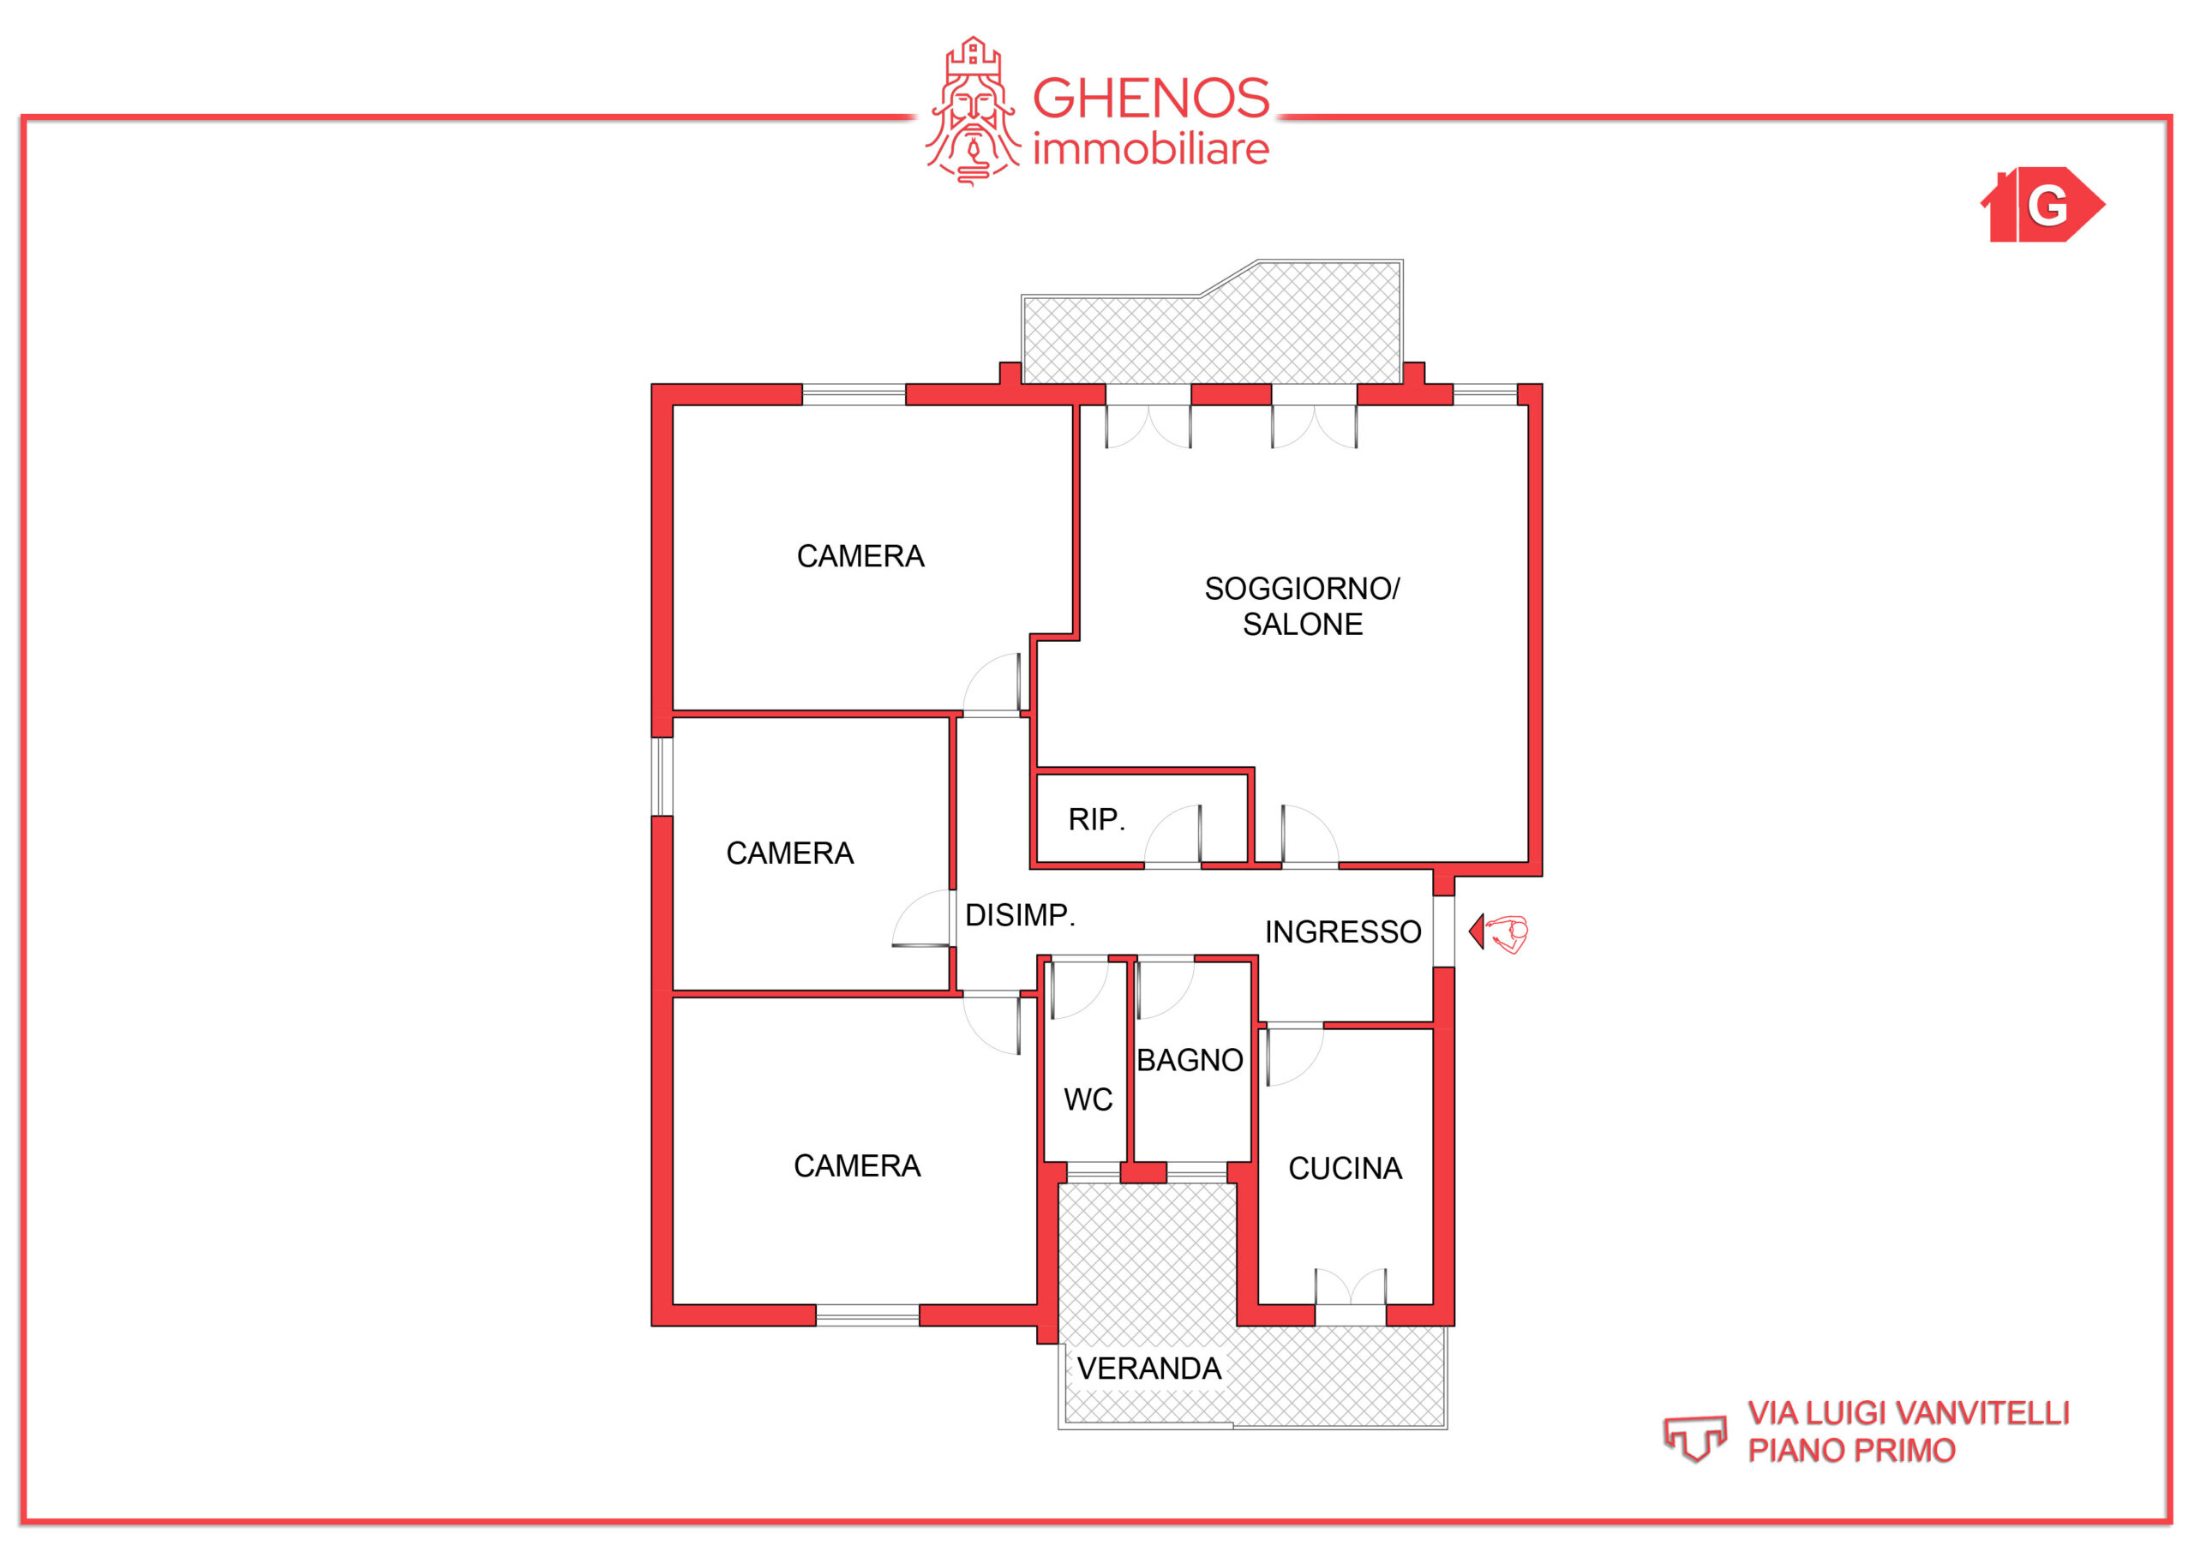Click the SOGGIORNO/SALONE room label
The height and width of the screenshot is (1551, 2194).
pyautogui.click(x=1302, y=606)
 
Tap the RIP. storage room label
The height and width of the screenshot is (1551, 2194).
pyautogui.click(x=1096, y=819)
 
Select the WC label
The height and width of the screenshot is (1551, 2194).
pyautogui.click(x=1088, y=1099)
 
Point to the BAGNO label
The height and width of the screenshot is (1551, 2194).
pyautogui.click(x=1189, y=1060)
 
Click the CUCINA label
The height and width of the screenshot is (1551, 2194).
pyautogui.click(x=1345, y=1168)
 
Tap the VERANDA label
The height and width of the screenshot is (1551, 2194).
pyautogui.click(x=1148, y=1368)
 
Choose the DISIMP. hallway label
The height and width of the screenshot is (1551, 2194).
pyautogui.click(x=1020, y=914)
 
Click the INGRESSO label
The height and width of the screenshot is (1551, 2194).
pyautogui.click(x=1343, y=931)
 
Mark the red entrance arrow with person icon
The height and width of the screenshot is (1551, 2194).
pyautogui.click(x=1497, y=931)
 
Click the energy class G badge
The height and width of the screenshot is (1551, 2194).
pyautogui.click(x=2043, y=205)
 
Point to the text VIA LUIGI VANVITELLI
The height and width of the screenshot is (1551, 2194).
pyautogui.click(x=1909, y=1412)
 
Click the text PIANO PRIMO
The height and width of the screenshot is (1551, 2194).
pyautogui.click(x=1851, y=1451)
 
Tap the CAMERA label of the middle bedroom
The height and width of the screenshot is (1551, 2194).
pyautogui.click(x=789, y=853)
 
